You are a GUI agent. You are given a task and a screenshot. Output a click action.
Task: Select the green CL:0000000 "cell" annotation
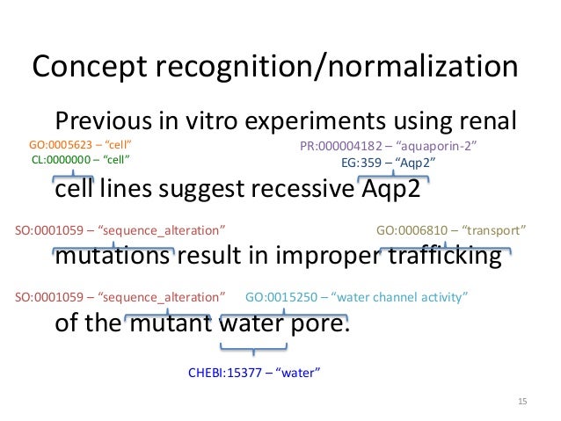click(80, 161)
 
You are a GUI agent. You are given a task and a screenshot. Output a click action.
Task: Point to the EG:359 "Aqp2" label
click(388, 163)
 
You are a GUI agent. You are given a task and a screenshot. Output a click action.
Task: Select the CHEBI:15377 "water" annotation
click(254, 373)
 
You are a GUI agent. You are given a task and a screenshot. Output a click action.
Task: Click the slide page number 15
click(522, 402)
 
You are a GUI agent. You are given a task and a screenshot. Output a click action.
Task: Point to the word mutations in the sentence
click(112, 257)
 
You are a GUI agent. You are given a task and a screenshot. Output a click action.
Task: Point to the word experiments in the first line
click(304, 121)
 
